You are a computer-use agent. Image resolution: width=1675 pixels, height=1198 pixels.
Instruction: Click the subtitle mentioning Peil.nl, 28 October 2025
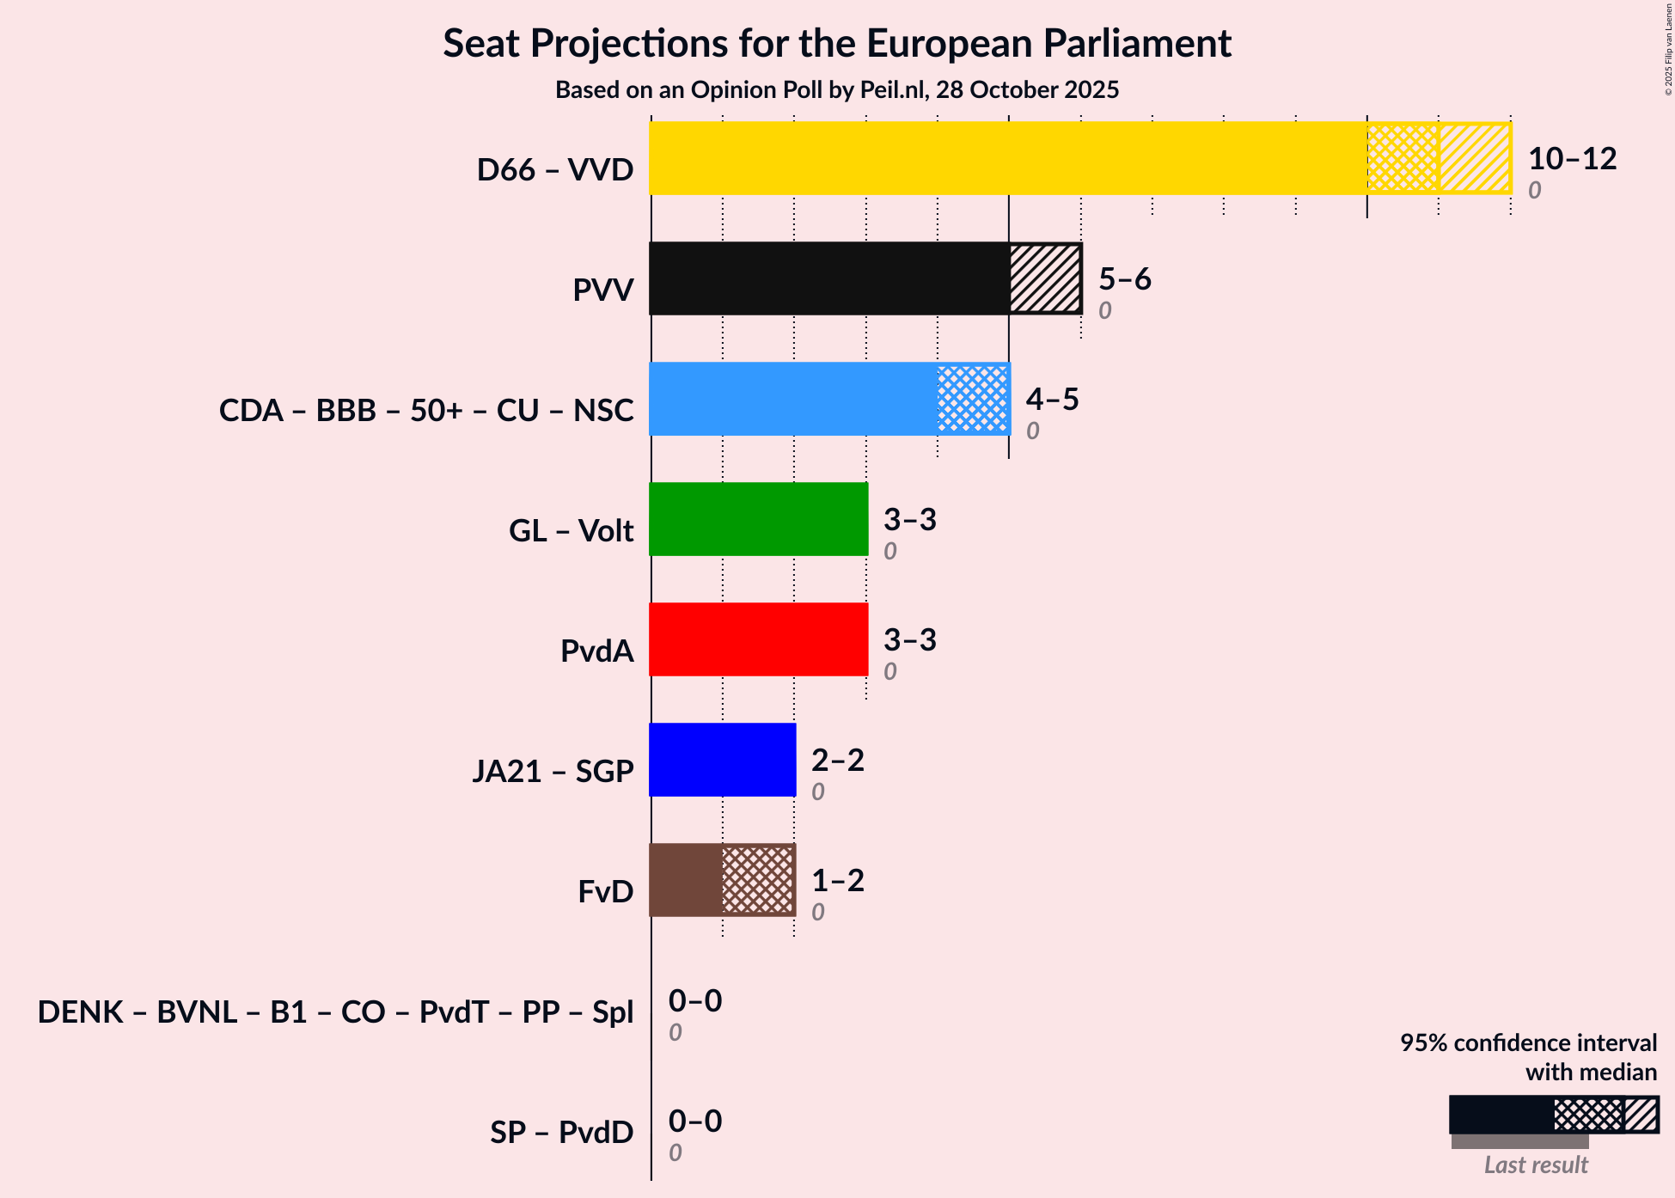[x=837, y=90]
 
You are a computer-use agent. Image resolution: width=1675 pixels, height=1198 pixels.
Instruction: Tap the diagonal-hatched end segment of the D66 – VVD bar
[x=1475, y=158]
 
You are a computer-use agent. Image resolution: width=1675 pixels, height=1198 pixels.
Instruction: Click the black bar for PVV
[x=829, y=278]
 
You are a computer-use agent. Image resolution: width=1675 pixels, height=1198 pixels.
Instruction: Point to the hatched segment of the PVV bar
[x=1045, y=278]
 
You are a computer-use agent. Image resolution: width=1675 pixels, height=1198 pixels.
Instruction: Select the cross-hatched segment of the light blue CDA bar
[x=973, y=399]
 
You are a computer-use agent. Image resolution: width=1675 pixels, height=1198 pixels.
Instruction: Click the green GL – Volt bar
[x=759, y=519]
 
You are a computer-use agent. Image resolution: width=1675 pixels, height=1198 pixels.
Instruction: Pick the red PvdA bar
[x=759, y=639]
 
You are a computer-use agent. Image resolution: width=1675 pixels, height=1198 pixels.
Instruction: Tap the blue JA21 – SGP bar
[x=723, y=760]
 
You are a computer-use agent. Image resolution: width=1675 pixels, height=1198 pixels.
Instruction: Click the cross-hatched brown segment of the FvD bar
[x=758, y=880]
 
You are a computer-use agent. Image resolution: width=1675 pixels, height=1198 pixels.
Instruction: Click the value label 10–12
[x=1572, y=159]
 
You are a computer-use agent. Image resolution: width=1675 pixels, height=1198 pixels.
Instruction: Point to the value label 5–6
[x=1124, y=279]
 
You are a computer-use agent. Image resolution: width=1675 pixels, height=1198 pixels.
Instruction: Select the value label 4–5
[x=1052, y=400]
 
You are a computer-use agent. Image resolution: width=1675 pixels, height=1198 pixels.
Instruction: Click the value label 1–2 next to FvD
[x=837, y=881]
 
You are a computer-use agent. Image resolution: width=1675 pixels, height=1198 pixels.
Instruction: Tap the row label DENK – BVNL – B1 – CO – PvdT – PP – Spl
[x=335, y=1012]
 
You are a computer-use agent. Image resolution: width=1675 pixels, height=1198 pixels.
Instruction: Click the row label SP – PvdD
[x=561, y=1133]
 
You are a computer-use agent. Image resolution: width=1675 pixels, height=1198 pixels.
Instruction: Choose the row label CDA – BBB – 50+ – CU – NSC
[x=426, y=411]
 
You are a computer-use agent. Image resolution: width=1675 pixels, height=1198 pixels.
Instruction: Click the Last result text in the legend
[x=1536, y=1165]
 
